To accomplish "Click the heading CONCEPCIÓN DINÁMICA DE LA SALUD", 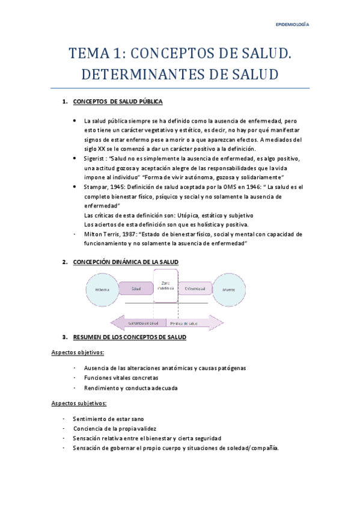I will pyautogui.click(x=126, y=262).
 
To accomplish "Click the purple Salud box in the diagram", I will pyautogui.click(x=136, y=289).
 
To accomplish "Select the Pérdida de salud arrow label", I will pyautogui.click(x=187, y=323).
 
